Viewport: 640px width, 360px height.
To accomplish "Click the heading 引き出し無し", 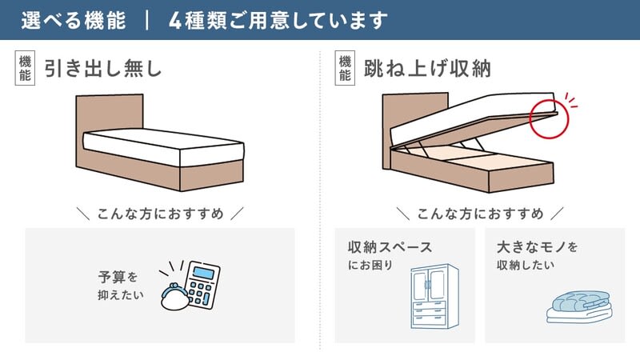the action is tap(103, 68).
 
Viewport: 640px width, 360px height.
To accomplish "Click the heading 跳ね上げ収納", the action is tap(427, 68).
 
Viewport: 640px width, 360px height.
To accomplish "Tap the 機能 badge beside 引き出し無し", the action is tap(25, 68).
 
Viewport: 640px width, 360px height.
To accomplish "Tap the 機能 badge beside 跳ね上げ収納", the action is tap(345, 68).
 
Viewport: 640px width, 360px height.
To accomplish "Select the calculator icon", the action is tap(202, 285).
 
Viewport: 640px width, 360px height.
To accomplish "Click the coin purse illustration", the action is tap(174, 297).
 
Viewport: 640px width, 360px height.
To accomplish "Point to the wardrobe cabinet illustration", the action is tap(434, 296).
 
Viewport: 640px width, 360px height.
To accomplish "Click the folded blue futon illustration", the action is tap(579, 307).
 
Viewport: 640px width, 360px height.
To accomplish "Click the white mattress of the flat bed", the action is tap(163, 147).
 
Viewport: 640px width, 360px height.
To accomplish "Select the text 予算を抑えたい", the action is tap(121, 286).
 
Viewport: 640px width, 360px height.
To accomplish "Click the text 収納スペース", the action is tap(390, 247).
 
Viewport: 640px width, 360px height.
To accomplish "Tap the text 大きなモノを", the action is tap(537, 247).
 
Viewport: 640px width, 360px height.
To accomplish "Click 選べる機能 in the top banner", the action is tap(74, 21).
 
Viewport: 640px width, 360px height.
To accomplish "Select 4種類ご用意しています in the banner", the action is tap(278, 21).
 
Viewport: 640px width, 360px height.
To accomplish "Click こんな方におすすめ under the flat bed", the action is tap(161, 214).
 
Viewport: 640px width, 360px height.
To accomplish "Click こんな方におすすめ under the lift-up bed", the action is tap(480, 214).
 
